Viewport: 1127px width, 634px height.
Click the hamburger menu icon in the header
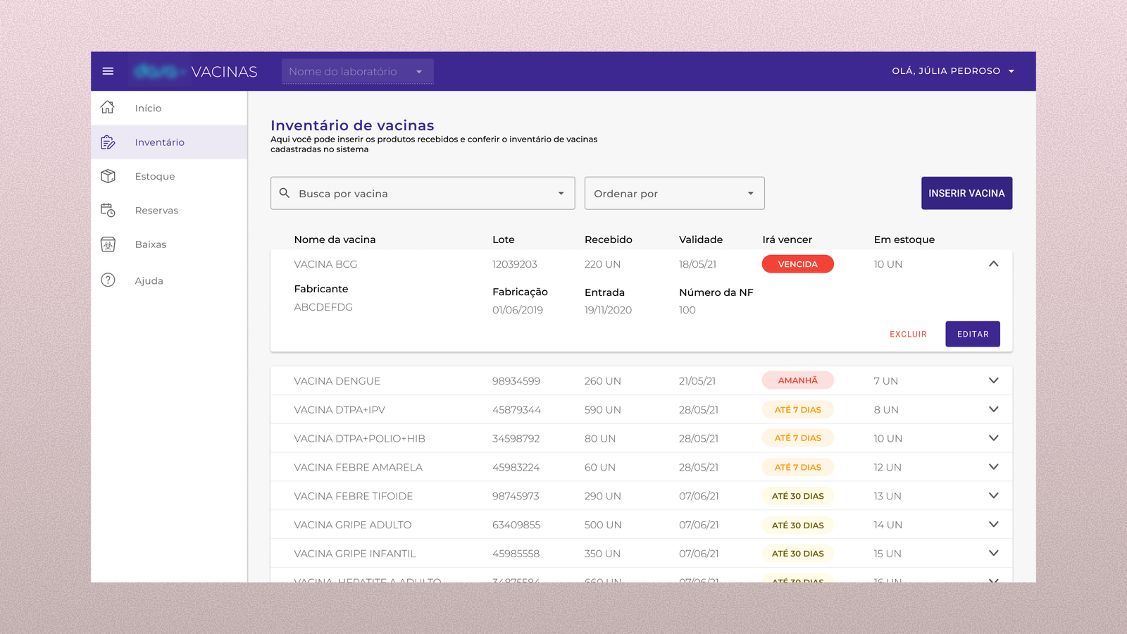coord(108,71)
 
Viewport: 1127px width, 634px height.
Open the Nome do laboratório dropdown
coord(357,71)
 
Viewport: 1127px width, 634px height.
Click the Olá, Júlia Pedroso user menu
coord(952,71)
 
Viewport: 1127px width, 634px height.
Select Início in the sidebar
coord(148,108)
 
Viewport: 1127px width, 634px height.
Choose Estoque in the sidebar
coord(154,176)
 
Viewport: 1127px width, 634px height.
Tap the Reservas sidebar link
coord(156,211)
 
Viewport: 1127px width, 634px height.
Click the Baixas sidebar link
coord(150,244)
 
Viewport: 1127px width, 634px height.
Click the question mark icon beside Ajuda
coord(108,280)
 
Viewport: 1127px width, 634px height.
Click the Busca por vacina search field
coord(423,193)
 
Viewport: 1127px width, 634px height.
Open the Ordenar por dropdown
coord(674,193)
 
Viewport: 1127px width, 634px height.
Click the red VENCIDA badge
coord(797,264)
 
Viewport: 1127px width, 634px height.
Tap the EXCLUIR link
coord(908,334)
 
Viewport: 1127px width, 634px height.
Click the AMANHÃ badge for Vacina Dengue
coord(797,380)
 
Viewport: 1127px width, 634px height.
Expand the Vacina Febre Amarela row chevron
coord(993,467)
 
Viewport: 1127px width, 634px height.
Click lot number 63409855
coord(516,525)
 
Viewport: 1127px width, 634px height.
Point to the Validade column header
coord(700,240)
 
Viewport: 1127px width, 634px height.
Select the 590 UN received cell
coord(602,410)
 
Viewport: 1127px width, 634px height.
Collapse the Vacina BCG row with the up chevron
coord(993,264)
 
